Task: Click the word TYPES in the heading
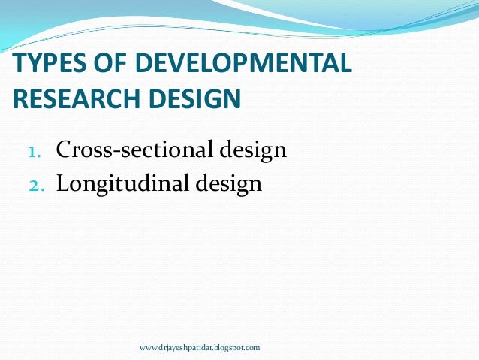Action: [x=43, y=65]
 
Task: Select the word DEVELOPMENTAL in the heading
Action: [x=238, y=65]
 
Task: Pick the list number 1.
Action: [x=34, y=153]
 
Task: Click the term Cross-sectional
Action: [x=134, y=150]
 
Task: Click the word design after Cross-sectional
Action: [x=252, y=150]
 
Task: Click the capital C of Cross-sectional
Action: [x=64, y=150]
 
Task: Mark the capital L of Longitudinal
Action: [x=63, y=183]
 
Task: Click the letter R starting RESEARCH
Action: [x=20, y=98]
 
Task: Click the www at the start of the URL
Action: [x=149, y=348]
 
